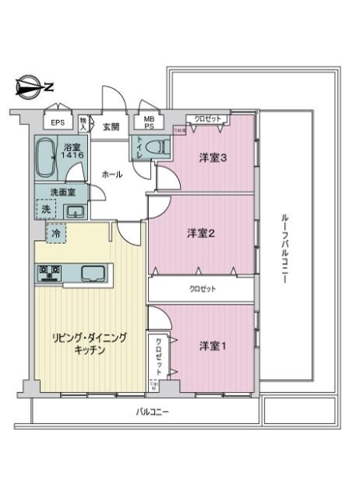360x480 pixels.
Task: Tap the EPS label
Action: coord(58,122)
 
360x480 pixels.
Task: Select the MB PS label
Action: coord(149,123)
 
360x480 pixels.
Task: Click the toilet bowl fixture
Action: coord(160,147)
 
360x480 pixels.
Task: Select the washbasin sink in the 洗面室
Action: coord(74,211)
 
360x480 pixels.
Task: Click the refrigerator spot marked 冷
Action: coord(56,234)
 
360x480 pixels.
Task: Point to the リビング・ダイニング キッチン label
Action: coord(89,344)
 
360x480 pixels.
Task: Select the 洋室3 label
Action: coord(214,158)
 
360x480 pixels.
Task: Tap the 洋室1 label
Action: coord(214,346)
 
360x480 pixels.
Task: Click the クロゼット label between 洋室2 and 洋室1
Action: coord(202,288)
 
